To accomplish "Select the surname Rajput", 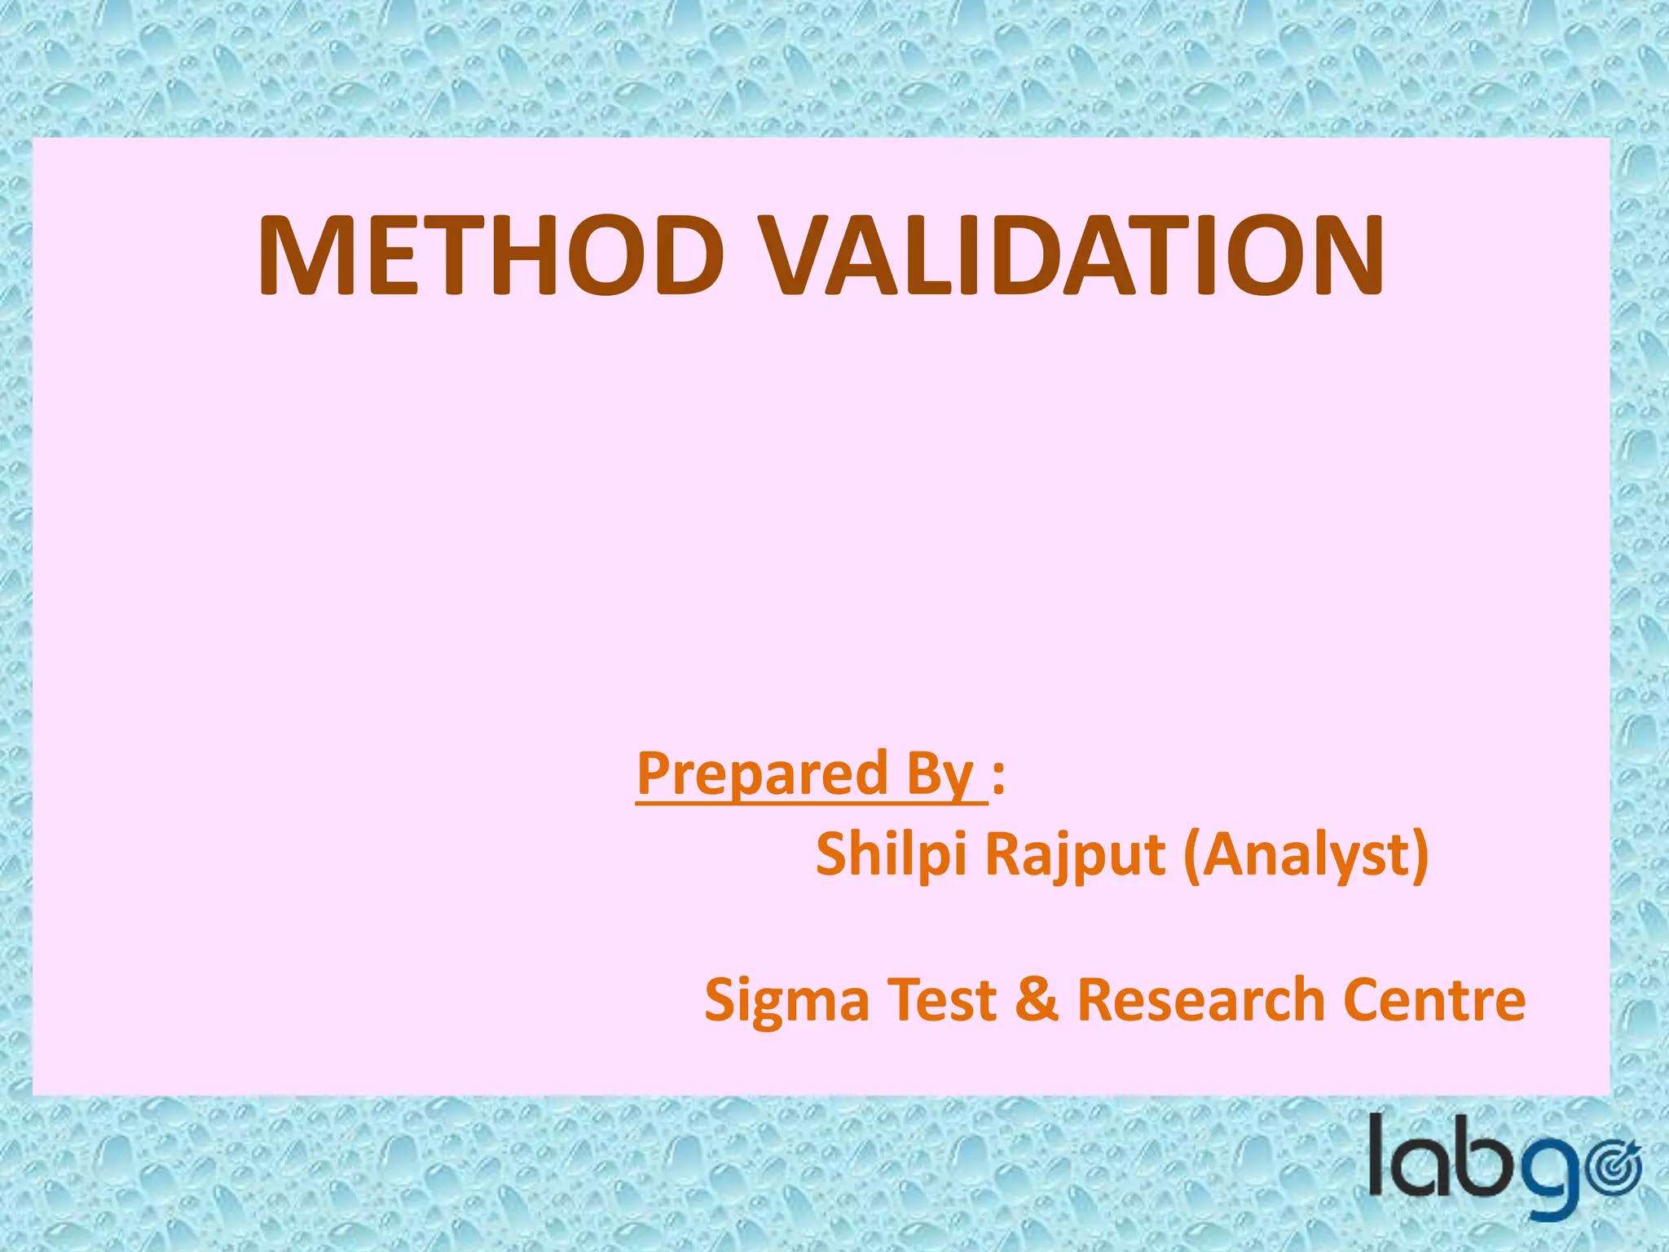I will (1075, 856).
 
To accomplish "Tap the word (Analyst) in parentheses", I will (1306, 856).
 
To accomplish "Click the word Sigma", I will (786, 1002).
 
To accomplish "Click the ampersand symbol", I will (1037, 1000).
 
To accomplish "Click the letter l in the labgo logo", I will (1378, 1155).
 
